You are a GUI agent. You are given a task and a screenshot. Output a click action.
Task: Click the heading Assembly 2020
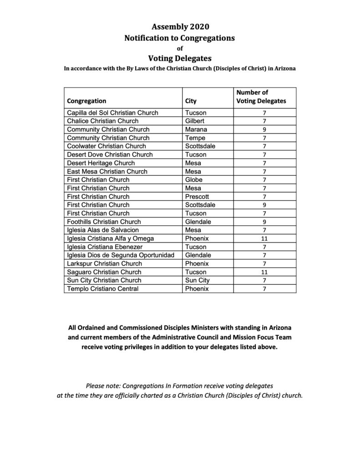point(180,26)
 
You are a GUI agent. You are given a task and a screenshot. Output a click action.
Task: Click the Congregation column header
point(86,101)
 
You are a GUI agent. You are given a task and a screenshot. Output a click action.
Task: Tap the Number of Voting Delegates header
point(261,96)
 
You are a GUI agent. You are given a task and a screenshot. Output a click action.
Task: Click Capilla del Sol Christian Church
point(109,112)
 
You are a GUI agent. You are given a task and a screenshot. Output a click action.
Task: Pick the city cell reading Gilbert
point(195,121)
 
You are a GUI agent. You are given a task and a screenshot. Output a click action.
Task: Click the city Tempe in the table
point(195,138)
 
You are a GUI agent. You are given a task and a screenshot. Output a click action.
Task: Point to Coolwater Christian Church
point(106,146)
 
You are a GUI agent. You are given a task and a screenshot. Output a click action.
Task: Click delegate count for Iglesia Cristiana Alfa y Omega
point(264,238)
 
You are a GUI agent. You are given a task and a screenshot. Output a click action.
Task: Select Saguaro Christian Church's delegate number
point(264,272)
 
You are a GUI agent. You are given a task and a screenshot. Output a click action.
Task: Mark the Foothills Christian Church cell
point(104,222)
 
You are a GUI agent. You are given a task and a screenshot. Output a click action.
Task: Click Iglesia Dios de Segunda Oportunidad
point(121,255)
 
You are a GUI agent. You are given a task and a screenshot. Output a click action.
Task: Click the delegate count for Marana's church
point(264,129)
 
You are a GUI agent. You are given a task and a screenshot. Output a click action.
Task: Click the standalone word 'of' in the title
point(180,48)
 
